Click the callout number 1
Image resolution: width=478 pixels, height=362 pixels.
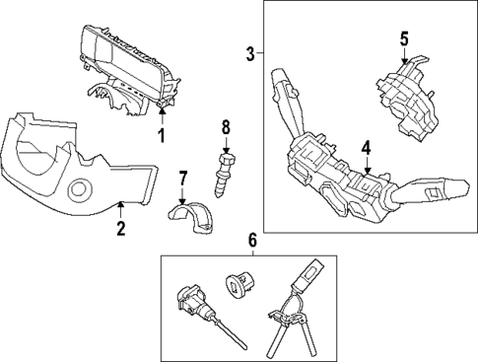click(x=162, y=133)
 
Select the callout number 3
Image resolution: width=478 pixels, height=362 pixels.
click(x=250, y=51)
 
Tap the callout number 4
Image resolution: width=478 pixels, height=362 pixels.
click(x=365, y=148)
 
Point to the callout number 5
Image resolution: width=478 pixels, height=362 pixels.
click(x=404, y=38)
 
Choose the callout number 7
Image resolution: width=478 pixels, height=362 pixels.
click(x=182, y=178)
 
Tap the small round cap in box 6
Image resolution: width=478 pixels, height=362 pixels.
click(x=239, y=283)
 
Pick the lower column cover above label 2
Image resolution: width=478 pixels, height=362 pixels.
click(x=74, y=168)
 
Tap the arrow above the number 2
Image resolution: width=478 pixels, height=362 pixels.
click(x=120, y=204)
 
